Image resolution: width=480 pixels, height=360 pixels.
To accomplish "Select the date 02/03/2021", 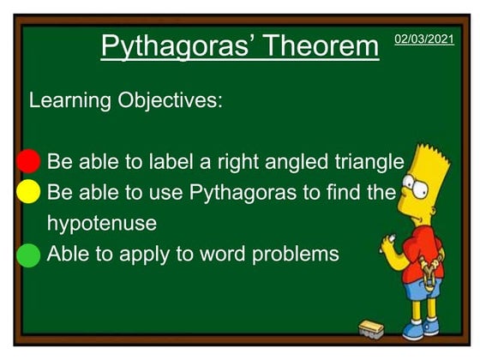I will point(423,39).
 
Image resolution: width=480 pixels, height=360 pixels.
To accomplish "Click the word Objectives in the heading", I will point(170,100).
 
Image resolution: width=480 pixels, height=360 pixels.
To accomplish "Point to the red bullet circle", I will point(28,160).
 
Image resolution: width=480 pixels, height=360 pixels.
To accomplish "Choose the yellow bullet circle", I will point(28,191).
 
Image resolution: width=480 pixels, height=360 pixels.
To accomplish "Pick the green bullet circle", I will point(28,255).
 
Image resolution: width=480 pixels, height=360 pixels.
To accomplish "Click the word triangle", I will point(367,161).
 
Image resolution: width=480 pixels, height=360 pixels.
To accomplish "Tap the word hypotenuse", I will point(101,224).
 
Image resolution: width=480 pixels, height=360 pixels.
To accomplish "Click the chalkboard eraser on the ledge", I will point(372,328).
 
